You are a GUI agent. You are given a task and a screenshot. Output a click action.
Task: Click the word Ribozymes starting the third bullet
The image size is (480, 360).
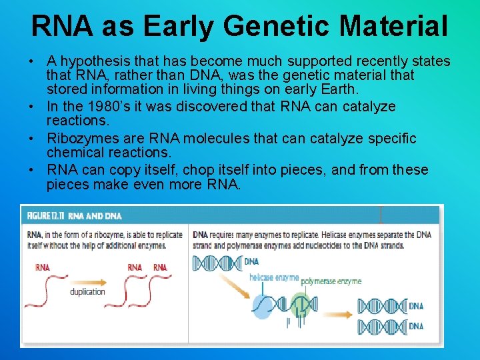(79, 139)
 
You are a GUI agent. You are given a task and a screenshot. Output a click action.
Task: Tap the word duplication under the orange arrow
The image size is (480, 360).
(87, 291)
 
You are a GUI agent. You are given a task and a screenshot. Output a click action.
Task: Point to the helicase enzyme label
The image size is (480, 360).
(273, 277)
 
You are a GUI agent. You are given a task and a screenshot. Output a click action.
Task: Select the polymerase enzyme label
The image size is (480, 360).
(331, 281)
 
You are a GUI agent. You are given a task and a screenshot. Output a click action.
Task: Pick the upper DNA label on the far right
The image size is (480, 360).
(416, 306)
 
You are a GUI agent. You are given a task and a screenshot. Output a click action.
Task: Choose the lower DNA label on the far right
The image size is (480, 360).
(416, 326)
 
